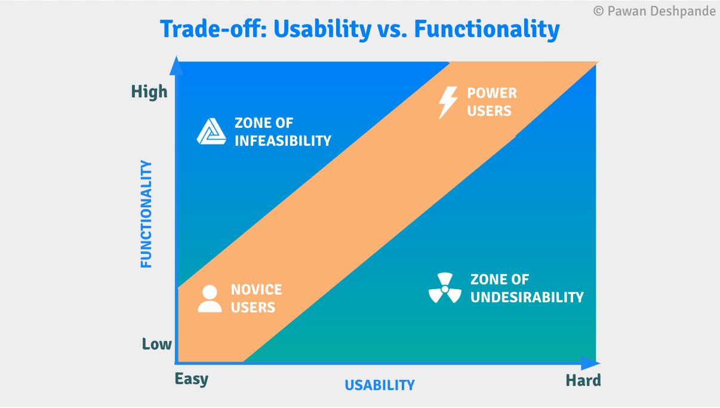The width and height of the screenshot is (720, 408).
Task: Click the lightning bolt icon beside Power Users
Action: coord(448,103)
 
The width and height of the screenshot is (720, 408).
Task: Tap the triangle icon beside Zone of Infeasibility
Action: coord(211,131)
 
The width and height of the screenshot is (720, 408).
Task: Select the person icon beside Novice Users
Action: coord(210,299)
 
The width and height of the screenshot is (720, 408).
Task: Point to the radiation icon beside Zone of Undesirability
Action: coord(445,288)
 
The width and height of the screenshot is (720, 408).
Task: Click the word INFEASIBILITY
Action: coord(283,141)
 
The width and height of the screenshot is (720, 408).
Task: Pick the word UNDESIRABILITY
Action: coord(527,297)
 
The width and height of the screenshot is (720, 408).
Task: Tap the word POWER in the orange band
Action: coord(492,93)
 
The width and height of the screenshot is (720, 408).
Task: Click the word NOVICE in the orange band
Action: coord(257,290)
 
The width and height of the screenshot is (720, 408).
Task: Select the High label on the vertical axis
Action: coord(149,91)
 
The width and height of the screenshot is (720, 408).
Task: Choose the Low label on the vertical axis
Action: coord(157,344)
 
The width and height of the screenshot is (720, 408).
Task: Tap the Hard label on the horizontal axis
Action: coord(583,381)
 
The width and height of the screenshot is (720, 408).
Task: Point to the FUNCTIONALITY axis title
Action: coord(146,214)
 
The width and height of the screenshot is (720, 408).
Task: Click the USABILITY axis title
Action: coord(380,385)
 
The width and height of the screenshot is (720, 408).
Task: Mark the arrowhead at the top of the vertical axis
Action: coord(176,66)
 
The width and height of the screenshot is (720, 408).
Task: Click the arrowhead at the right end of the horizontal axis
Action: coord(590,363)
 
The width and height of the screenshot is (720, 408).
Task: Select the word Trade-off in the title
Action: coord(213,29)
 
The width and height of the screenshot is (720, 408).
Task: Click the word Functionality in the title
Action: coord(487,30)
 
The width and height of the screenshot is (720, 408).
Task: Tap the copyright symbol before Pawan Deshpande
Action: coord(598,11)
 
